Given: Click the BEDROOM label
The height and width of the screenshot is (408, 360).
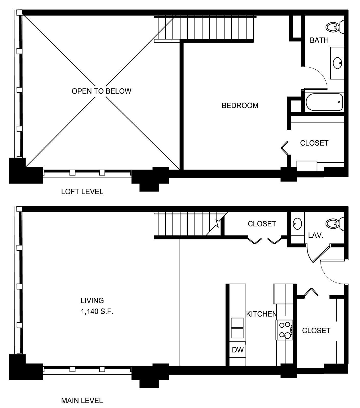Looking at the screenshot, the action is click(240, 106).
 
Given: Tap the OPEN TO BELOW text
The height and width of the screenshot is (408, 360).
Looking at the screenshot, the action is click(101, 91).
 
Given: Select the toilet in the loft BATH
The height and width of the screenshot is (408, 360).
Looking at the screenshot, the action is click(335, 27).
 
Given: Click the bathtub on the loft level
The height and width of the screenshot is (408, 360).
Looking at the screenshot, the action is click(324, 102).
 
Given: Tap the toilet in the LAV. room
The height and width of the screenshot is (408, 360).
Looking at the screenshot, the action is click(335, 224).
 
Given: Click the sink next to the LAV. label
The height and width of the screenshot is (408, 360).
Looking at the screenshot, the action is click(297, 224).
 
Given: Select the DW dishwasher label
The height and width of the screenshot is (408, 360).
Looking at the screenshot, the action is click(238, 350).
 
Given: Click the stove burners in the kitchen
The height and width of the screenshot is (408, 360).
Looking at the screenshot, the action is click(285, 330).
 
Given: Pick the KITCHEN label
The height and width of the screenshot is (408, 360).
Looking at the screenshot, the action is click(261, 314).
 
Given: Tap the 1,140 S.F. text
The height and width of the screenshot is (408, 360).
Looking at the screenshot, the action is click(97, 311).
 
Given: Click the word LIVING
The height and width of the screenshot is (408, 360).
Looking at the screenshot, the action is click(92, 301).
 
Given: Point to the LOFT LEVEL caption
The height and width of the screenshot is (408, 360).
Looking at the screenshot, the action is click(82, 192).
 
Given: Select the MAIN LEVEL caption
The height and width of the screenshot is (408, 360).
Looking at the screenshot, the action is click(82, 401).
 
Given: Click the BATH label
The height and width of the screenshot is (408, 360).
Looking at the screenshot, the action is click(319, 40).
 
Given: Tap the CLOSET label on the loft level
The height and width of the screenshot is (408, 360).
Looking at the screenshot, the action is click(314, 143).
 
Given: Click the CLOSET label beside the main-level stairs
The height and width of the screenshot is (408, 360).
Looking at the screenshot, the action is click(262, 224).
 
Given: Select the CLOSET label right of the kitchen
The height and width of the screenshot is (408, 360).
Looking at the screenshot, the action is click(316, 331).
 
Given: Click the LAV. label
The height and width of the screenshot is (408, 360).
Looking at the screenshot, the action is click(316, 235).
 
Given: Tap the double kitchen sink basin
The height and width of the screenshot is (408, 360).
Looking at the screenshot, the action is click(237, 328).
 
